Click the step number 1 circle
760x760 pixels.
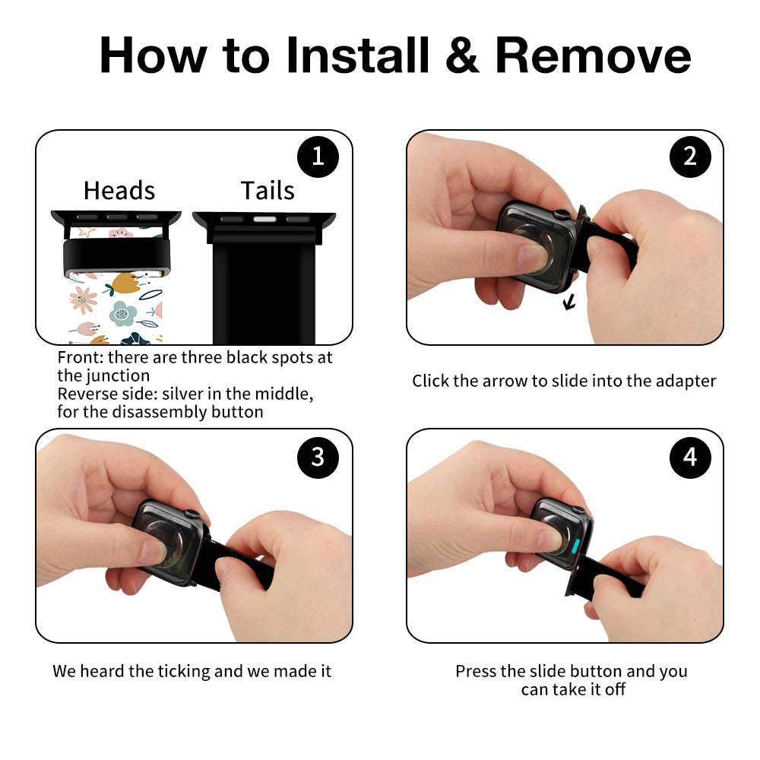tap(318, 157)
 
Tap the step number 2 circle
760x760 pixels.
tap(690, 157)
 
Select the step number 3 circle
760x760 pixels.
tap(318, 458)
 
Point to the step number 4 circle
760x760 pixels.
tap(690, 458)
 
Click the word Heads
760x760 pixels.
tap(119, 191)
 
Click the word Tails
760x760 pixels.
tap(268, 191)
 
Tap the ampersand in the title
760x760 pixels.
tap(462, 55)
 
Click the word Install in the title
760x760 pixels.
tap(358, 55)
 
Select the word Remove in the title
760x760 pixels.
tap(593, 55)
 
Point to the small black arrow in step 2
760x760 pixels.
tap(569, 302)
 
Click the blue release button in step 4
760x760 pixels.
tap(576, 546)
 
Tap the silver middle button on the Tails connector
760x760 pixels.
tap(264, 220)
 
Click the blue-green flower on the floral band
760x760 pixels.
tap(122, 314)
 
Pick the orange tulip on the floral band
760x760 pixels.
tap(125, 283)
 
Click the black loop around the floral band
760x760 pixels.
tap(117, 257)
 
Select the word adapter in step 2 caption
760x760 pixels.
tap(686, 382)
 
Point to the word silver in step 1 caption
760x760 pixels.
tap(182, 394)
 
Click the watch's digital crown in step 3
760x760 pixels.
tap(192, 515)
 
